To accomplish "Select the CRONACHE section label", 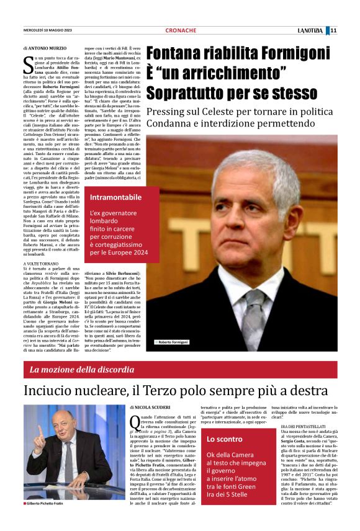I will [181, 30].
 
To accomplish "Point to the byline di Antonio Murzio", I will [47, 47].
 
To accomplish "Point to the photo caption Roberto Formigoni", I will [172, 342].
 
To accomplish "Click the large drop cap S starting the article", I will [27, 63].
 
